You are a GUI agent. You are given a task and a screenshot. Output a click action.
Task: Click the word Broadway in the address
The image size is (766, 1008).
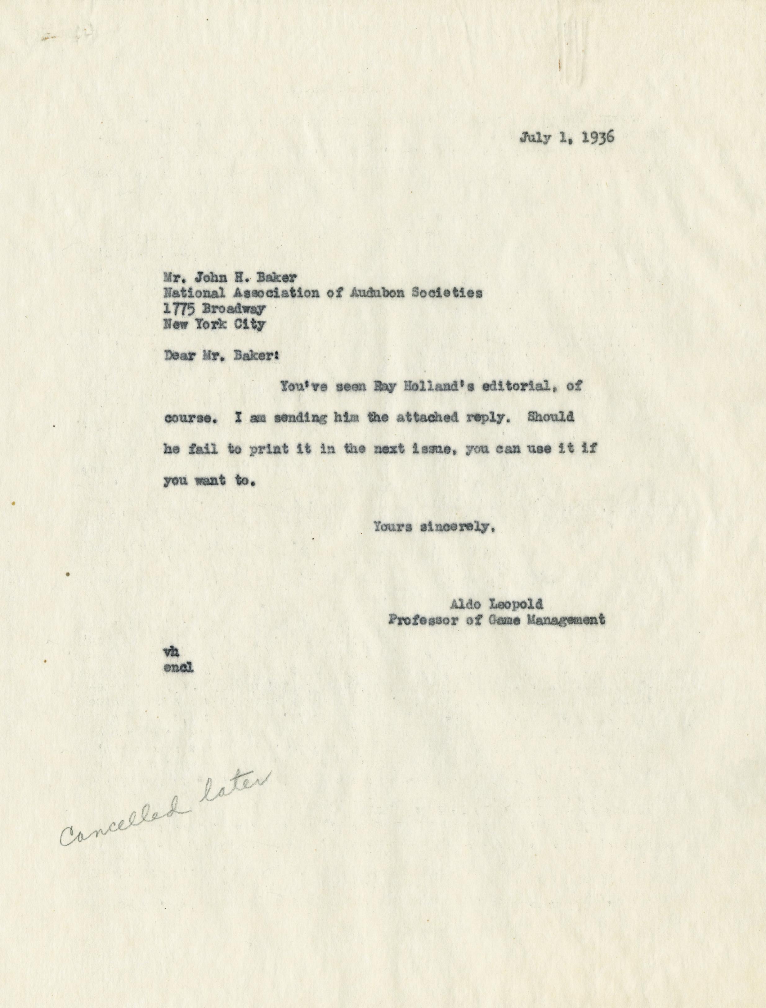pyautogui.click(x=234, y=309)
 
